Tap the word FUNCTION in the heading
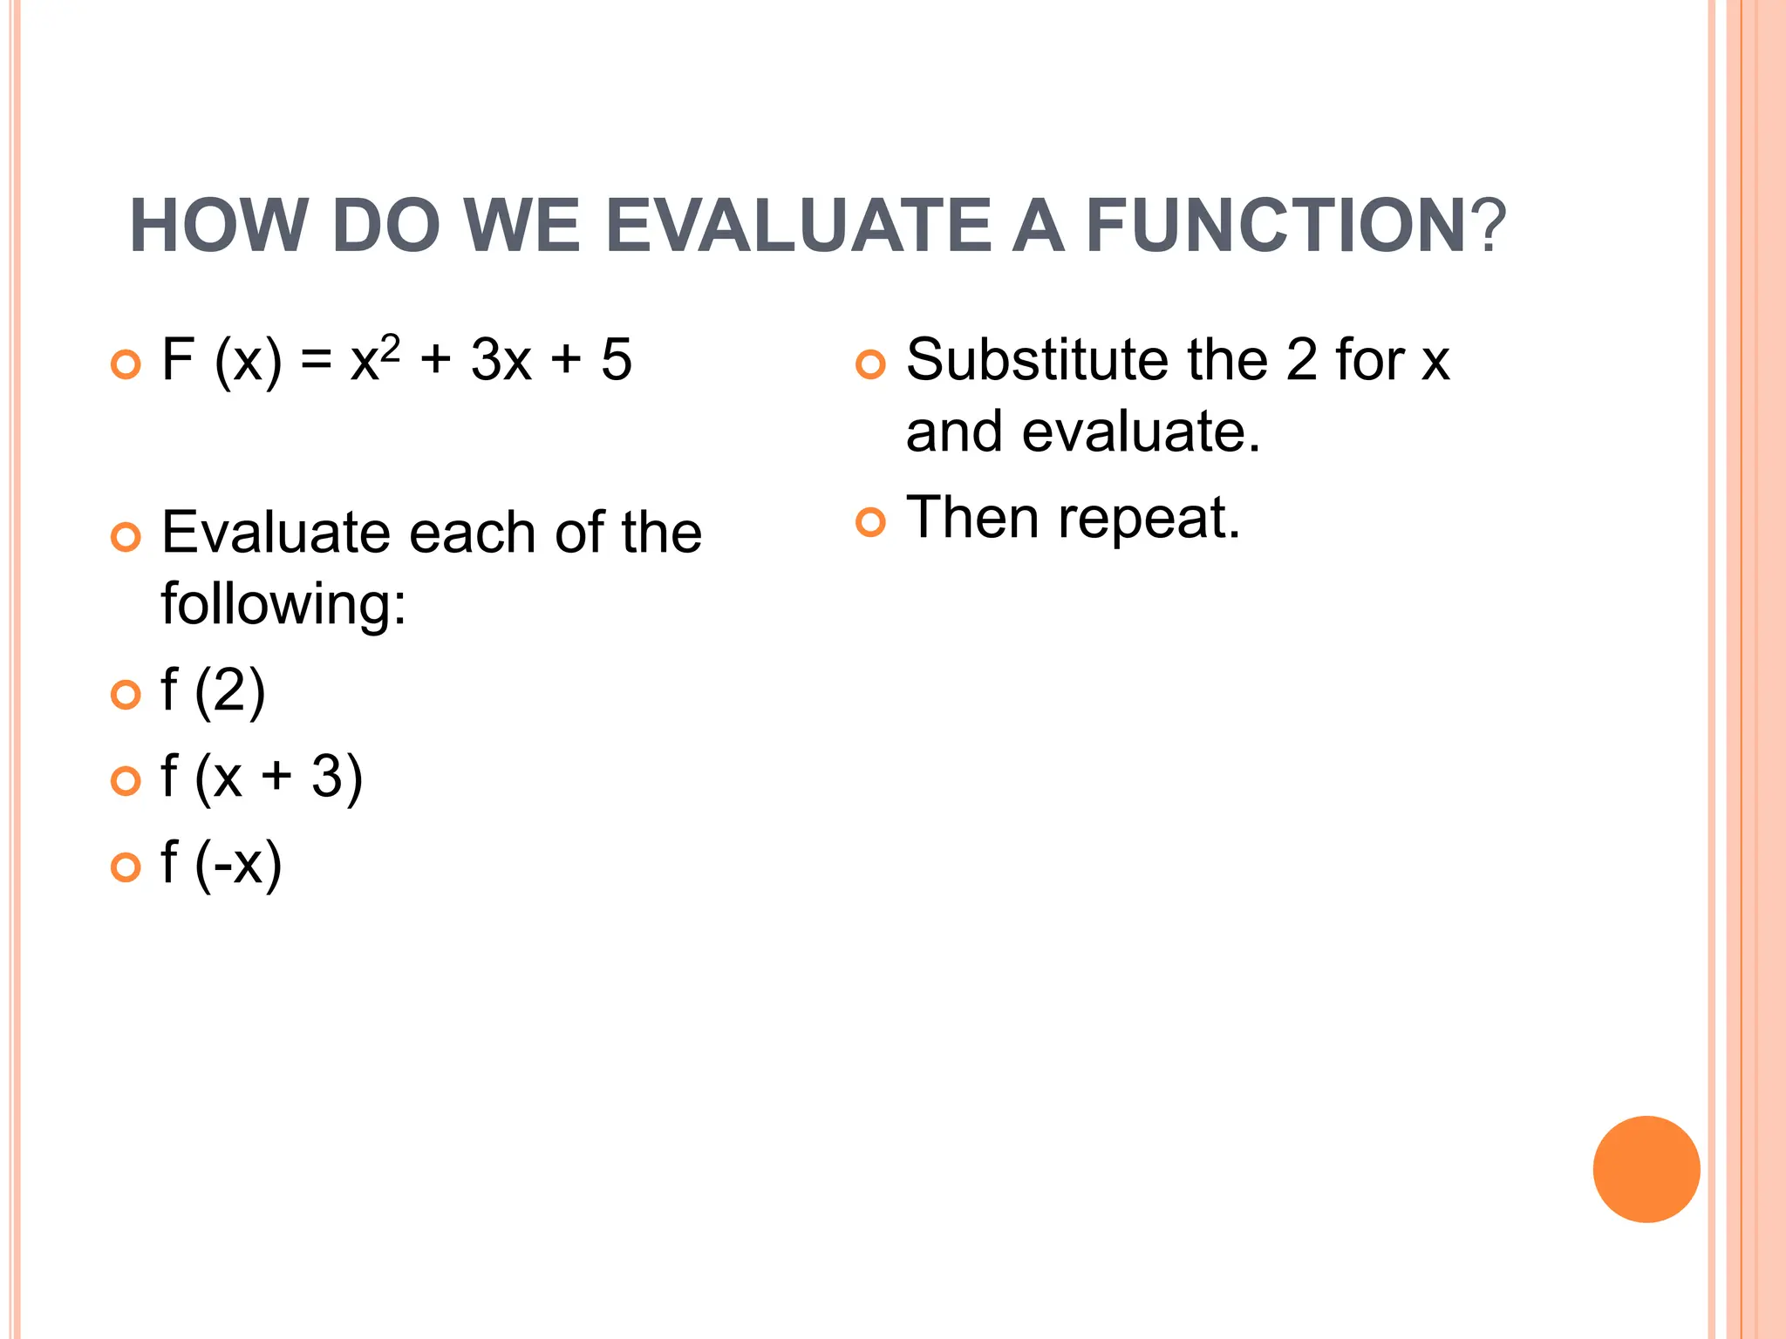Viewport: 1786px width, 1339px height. coord(1276,226)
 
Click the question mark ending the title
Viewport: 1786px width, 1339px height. coord(1488,226)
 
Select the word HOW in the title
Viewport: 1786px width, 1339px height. coord(219,226)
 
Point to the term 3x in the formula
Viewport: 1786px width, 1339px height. coord(501,360)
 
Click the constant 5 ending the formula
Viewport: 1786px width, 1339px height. coord(616,360)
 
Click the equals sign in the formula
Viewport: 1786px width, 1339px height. coord(316,361)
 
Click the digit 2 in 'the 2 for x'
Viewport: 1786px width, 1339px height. coord(1301,360)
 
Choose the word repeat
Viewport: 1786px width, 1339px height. coord(1148,520)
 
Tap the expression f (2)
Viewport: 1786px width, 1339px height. coord(213,692)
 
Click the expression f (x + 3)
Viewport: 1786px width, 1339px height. coord(261,778)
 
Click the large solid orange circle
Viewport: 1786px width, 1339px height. coord(1646,1169)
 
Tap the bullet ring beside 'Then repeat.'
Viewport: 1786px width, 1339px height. coord(869,522)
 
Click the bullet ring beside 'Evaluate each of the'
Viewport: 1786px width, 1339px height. coord(126,537)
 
